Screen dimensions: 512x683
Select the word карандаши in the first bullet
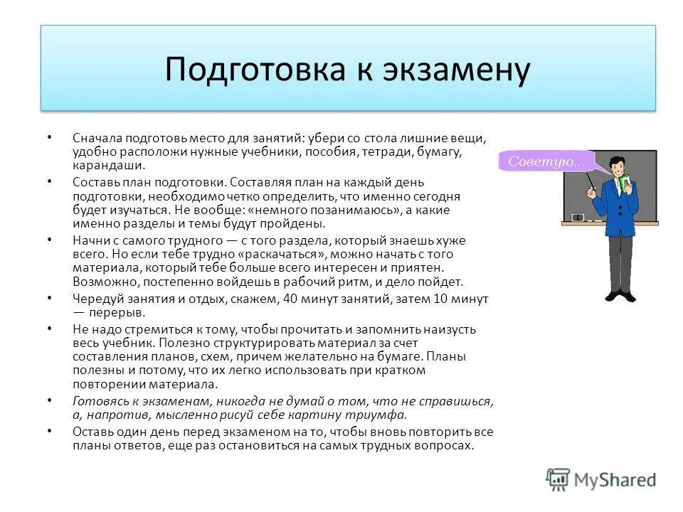point(107,165)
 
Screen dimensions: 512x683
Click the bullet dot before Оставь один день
point(49,431)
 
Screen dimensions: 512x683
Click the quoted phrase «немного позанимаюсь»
point(308,210)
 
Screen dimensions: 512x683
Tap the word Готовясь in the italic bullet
point(97,401)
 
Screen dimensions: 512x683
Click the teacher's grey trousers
point(620,256)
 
